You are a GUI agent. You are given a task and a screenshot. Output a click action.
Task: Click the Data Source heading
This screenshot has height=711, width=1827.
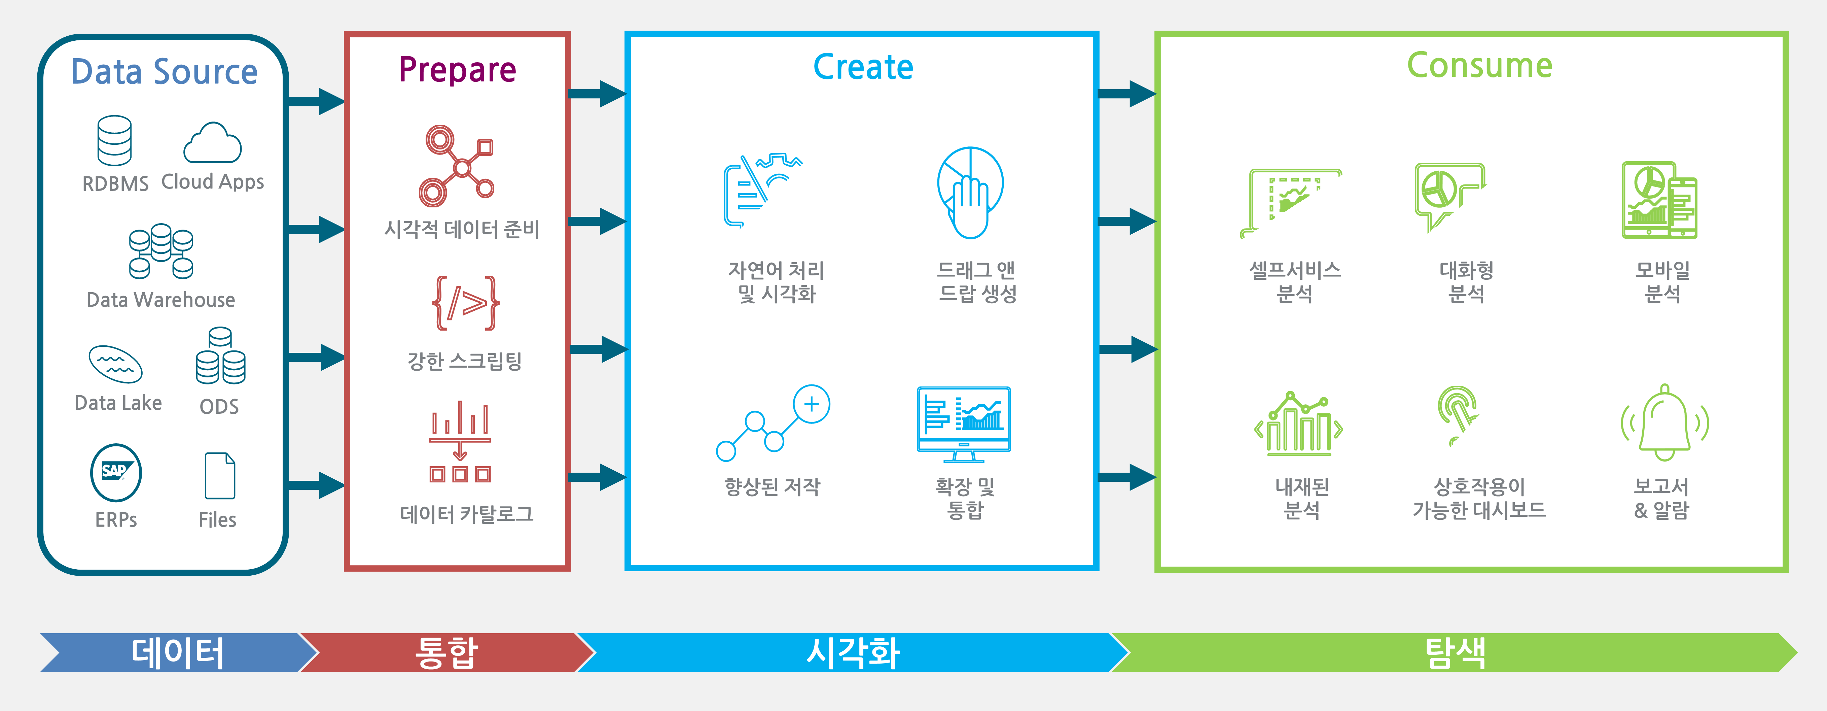pyautogui.click(x=164, y=72)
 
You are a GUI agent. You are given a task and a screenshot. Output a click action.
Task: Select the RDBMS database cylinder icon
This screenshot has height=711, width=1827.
pyautogui.click(x=115, y=140)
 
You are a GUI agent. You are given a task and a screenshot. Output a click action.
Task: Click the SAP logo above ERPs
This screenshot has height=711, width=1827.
pyautogui.click(x=116, y=472)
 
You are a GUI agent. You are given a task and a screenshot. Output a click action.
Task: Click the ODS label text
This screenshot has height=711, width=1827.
pyautogui.click(x=219, y=407)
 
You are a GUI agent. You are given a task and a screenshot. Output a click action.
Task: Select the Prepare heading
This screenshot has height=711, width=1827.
pyautogui.click(x=458, y=70)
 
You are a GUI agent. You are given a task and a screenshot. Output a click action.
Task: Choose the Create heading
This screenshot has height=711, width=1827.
pyautogui.click(x=863, y=67)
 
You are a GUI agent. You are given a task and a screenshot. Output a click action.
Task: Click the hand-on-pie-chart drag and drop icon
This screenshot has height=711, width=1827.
pyautogui.click(x=970, y=192)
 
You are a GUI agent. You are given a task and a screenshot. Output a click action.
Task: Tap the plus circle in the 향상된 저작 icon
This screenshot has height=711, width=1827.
pyautogui.click(x=811, y=404)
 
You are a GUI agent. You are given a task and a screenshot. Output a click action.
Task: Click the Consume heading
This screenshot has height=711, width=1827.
pyautogui.click(x=1479, y=65)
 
